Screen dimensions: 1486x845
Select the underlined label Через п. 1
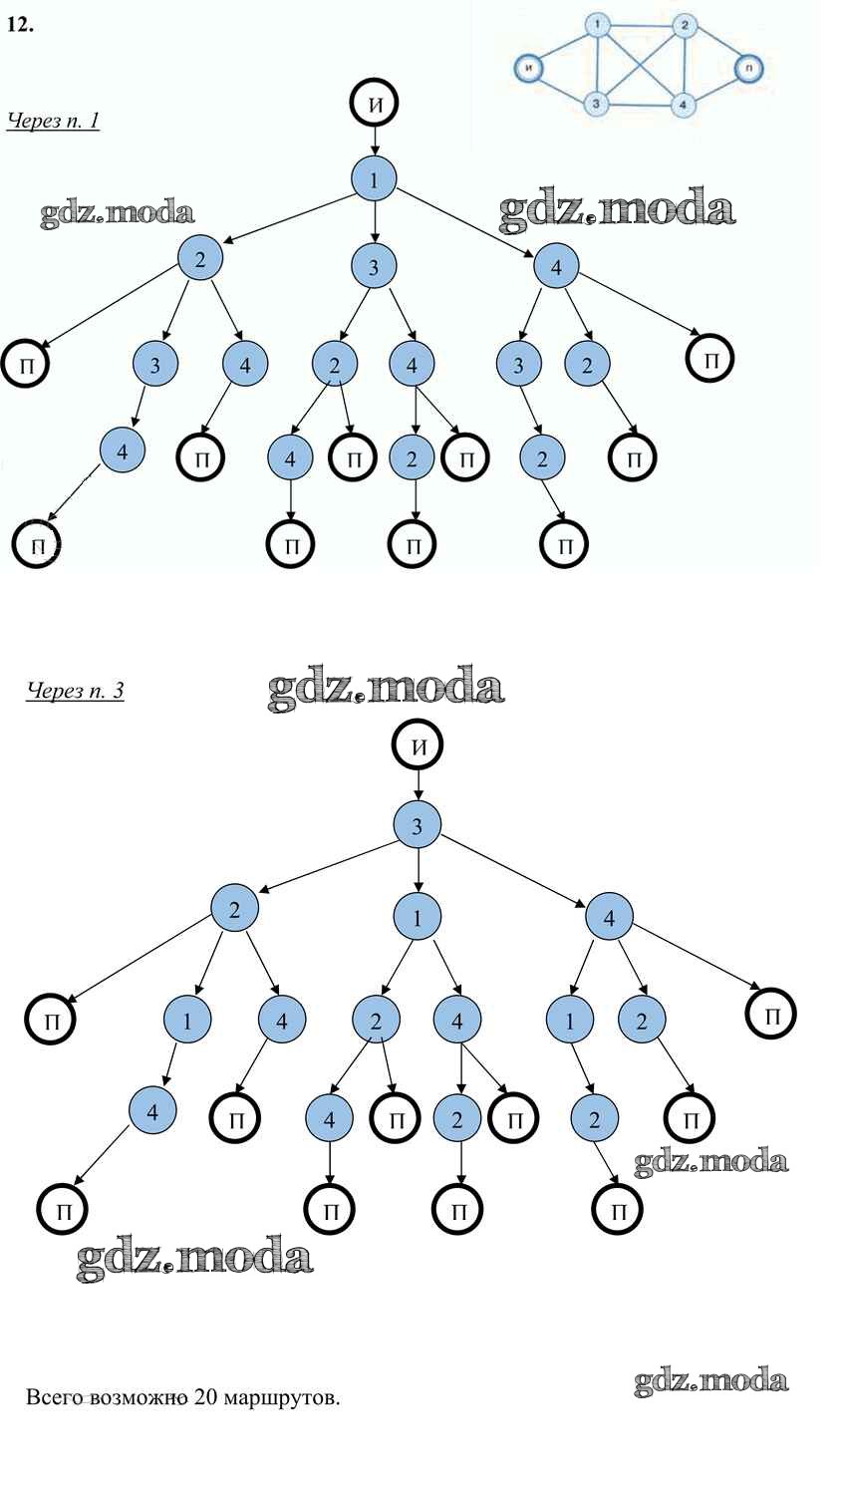[x=53, y=122]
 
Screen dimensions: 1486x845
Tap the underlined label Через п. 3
[x=75, y=690]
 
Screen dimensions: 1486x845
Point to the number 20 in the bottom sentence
[x=205, y=1397]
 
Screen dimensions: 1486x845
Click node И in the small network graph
[x=529, y=68]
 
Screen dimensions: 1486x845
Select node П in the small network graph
[x=748, y=68]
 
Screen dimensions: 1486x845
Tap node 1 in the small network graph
[x=596, y=25]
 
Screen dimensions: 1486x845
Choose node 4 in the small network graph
[x=683, y=103]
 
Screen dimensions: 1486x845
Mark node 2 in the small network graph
[x=684, y=25]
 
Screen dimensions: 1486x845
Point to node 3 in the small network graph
[x=596, y=103]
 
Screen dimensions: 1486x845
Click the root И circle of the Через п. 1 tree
[x=374, y=103]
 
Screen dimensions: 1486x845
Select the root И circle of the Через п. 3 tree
[x=418, y=745]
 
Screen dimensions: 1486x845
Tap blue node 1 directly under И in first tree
[x=374, y=180]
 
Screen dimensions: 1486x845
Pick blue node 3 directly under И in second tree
[x=418, y=825]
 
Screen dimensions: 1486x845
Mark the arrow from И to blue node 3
[x=418, y=785]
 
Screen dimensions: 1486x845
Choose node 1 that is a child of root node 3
[x=418, y=917]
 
